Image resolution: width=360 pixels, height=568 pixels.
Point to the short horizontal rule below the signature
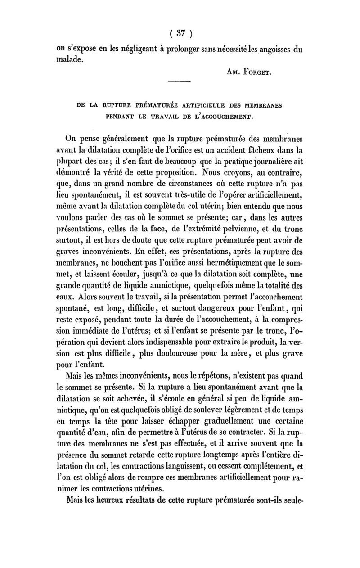[179, 81]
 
